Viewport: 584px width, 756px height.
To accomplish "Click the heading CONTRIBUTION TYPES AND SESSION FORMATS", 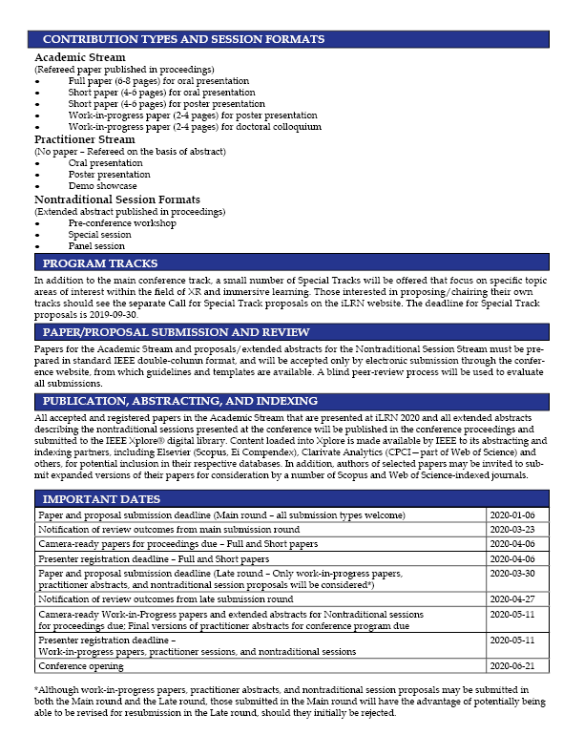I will (184, 39).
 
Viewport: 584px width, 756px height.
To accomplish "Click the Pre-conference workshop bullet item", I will (122, 222).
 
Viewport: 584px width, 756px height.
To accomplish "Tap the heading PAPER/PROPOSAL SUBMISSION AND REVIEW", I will (177, 331).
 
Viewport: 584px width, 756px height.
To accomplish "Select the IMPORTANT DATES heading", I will (102, 498).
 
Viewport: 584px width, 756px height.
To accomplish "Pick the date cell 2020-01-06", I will (516, 515).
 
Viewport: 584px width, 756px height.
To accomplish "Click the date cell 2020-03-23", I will (516, 529).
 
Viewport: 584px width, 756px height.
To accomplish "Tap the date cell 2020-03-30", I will (516, 574).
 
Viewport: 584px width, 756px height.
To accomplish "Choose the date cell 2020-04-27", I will (516, 599).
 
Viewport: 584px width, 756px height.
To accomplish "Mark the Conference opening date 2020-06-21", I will (516, 666).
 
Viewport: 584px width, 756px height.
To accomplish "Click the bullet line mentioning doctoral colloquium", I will (195, 126).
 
